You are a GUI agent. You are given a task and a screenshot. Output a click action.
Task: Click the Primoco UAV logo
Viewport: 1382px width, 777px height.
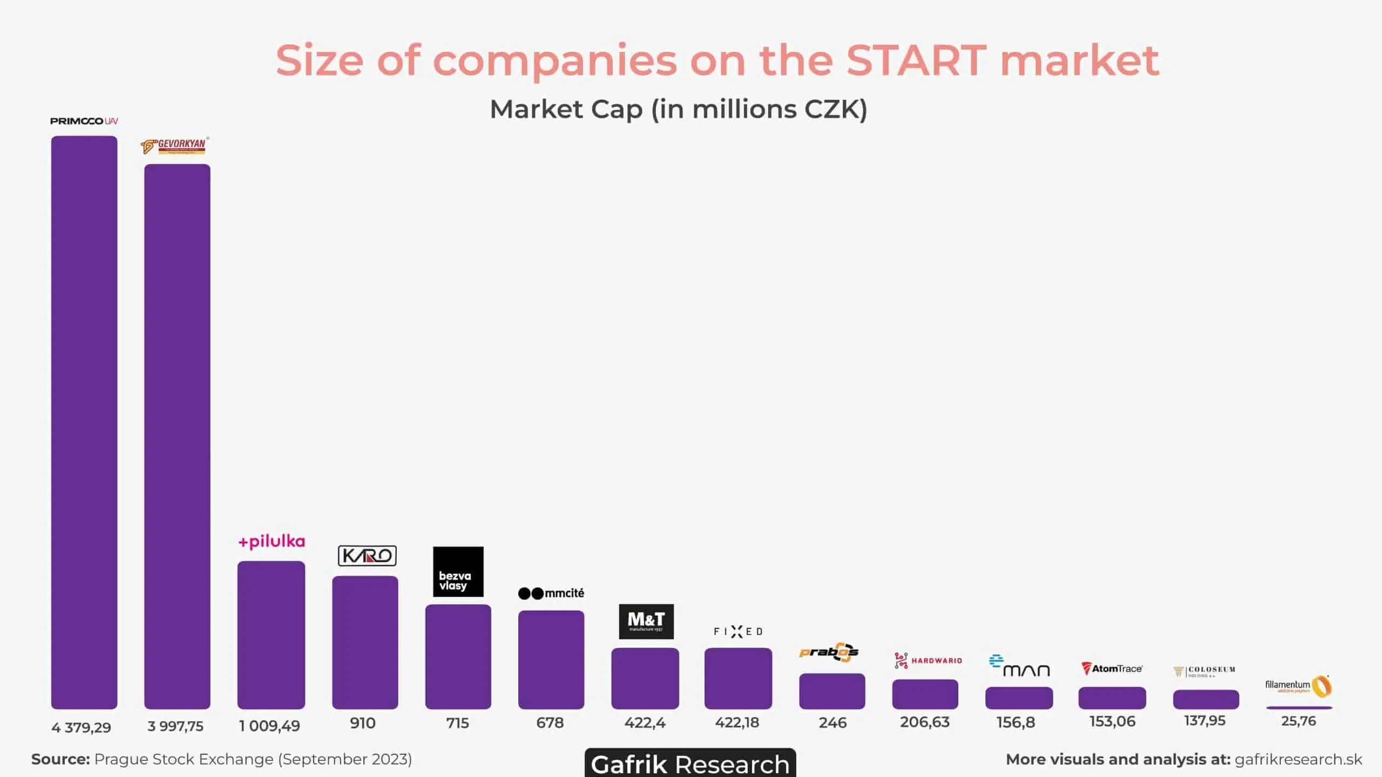84,121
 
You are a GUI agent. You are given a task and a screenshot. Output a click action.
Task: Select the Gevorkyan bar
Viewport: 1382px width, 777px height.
177,436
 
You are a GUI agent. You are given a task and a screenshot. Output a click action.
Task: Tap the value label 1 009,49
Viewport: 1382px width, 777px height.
269,726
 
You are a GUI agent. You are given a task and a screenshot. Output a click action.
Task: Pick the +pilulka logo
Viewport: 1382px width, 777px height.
272,542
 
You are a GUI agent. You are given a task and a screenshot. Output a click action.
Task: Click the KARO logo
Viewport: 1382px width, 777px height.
367,556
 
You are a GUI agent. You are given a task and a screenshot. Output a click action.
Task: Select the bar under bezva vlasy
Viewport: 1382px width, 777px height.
458,657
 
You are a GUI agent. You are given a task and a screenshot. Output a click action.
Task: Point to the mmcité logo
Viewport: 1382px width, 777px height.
551,593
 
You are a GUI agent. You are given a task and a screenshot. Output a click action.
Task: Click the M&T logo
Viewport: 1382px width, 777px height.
646,621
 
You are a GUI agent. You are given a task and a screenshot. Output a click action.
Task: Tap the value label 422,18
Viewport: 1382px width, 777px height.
737,722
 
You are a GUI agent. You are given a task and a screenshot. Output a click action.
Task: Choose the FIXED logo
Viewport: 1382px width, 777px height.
738,631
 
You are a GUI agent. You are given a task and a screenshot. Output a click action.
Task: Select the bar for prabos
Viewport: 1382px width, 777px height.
832,691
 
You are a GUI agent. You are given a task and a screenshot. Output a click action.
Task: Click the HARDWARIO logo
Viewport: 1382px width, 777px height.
928,660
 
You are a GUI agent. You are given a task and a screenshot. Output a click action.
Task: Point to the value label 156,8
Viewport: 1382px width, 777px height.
1015,722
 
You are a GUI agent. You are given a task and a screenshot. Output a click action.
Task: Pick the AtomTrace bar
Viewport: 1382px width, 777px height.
1112,698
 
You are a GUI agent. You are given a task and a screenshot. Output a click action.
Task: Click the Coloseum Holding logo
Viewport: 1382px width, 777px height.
1204,671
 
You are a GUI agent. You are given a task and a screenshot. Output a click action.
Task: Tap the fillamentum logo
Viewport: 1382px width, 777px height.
1298,686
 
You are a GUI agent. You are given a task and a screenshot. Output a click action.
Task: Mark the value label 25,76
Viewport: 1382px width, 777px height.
1298,721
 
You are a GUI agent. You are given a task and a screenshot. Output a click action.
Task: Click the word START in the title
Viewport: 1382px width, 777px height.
916,60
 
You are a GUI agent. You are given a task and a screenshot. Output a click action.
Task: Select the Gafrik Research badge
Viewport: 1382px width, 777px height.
690,763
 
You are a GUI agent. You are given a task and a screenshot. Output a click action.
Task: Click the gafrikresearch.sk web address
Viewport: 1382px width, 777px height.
1298,759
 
